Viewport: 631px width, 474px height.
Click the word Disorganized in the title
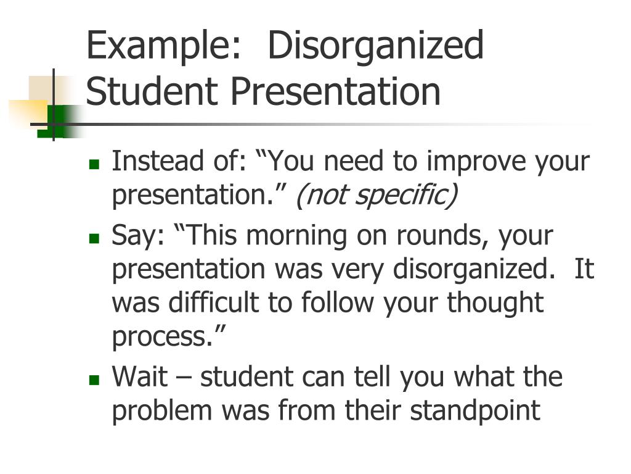(375, 46)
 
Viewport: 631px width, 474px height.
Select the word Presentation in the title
(336, 91)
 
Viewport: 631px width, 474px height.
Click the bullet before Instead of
(94, 164)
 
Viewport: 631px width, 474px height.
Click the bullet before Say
(94, 238)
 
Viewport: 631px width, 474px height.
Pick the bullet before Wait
(94, 379)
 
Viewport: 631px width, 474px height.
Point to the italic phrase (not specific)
(377, 195)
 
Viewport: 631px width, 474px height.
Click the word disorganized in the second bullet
(470, 269)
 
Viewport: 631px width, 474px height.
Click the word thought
(495, 303)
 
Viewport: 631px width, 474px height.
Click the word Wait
(139, 376)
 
